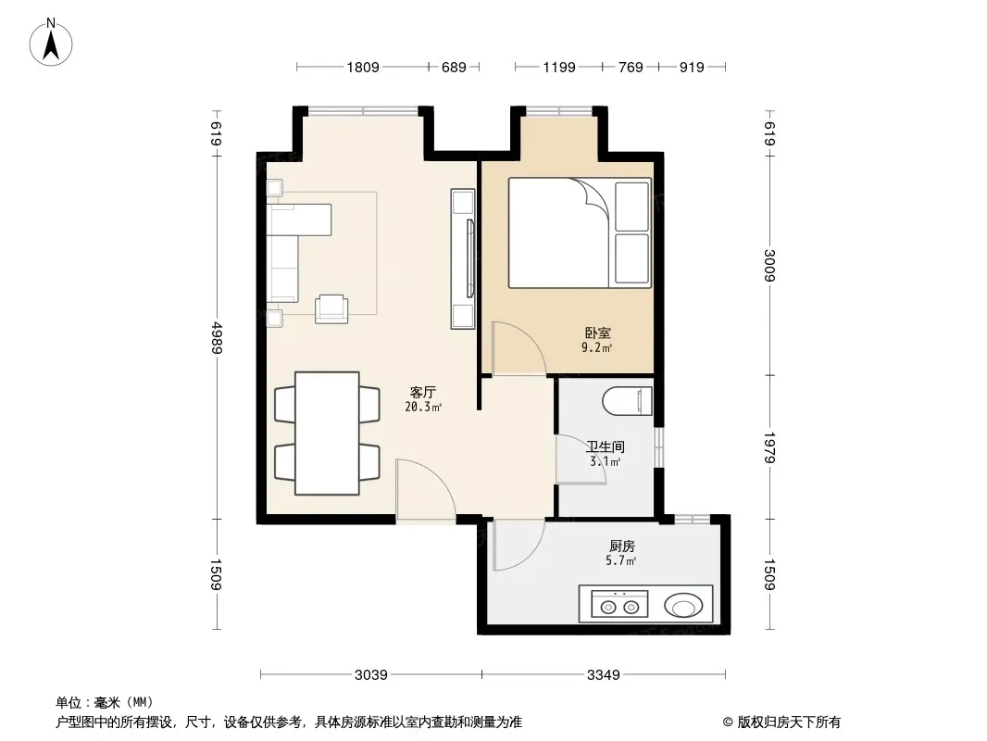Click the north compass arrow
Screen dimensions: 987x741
pyautogui.click(x=51, y=46)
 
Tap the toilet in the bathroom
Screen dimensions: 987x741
pyautogui.click(x=627, y=401)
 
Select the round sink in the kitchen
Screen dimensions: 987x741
pyautogui.click(x=683, y=607)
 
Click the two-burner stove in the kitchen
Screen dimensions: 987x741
pyautogui.click(x=619, y=606)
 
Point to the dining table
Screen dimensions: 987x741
pyautogui.click(x=328, y=433)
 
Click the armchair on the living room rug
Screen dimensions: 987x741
pyautogui.click(x=331, y=308)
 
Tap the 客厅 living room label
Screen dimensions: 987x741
pyautogui.click(x=423, y=393)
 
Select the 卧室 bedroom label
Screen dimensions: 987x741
pyautogui.click(x=597, y=333)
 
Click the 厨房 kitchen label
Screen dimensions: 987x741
pyautogui.click(x=621, y=546)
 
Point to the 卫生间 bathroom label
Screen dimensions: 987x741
pyautogui.click(x=606, y=447)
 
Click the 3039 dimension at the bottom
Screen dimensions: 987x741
pyautogui.click(x=371, y=675)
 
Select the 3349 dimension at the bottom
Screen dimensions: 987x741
pyautogui.click(x=604, y=675)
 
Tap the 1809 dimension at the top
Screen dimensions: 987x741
pyautogui.click(x=363, y=67)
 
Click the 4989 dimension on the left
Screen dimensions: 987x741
pyautogui.click(x=217, y=338)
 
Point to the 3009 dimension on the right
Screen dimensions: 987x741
pyautogui.click(x=769, y=266)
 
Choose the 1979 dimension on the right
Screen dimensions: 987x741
pyautogui.click(x=769, y=447)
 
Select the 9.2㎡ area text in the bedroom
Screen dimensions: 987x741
pyautogui.click(x=596, y=347)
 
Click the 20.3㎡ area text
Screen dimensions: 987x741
pyautogui.click(x=423, y=408)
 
